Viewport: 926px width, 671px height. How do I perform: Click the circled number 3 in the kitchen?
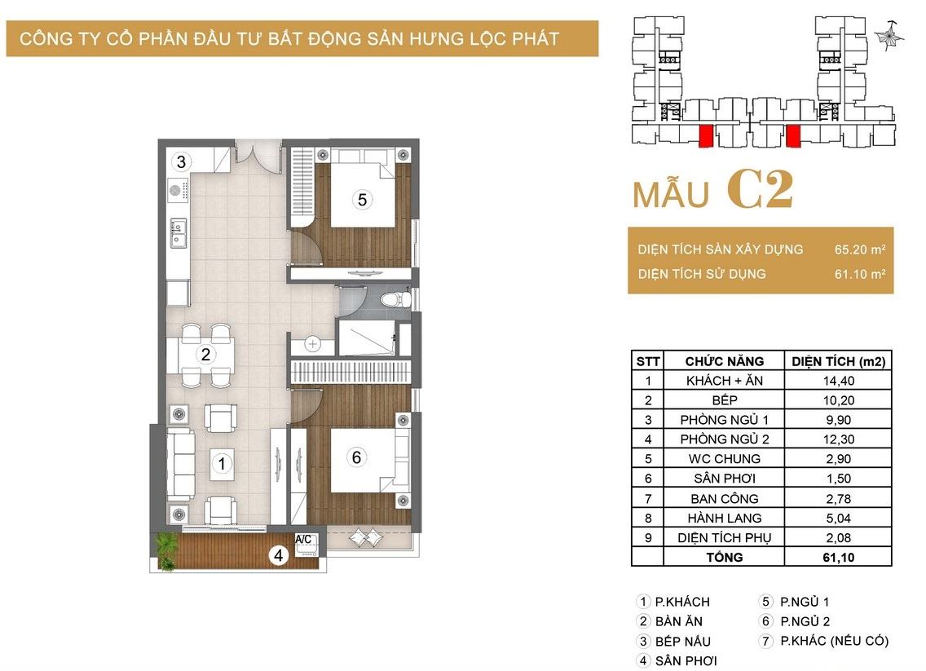(x=181, y=161)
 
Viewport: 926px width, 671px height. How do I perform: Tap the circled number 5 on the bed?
(x=362, y=200)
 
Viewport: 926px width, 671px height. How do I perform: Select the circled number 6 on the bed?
(x=356, y=457)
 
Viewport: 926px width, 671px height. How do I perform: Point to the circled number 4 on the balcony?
(x=278, y=555)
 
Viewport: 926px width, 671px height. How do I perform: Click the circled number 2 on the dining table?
(x=205, y=355)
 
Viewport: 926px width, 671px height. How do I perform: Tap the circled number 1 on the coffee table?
(x=222, y=464)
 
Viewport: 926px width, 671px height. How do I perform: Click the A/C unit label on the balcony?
(x=303, y=539)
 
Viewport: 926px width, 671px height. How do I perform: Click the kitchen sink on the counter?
(x=178, y=232)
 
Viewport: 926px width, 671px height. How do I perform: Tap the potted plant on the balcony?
(x=165, y=550)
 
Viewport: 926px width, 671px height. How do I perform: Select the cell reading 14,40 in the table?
(x=838, y=381)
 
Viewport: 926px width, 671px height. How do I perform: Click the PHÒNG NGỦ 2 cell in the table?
(x=724, y=439)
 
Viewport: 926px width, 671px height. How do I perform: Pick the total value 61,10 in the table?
(x=838, y=557)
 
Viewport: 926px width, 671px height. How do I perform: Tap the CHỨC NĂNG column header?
(x=724, y=361)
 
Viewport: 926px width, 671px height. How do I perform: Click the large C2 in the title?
(x=760, y=190)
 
